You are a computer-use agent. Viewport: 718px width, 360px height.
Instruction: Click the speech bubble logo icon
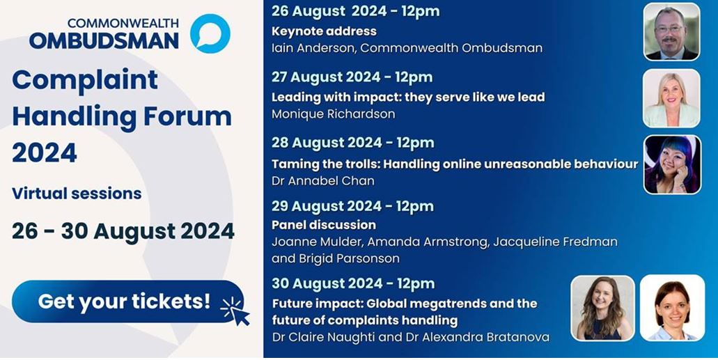click(x=210, y=33)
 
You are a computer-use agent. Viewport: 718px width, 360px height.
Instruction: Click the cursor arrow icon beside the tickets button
click(x=237, y=311)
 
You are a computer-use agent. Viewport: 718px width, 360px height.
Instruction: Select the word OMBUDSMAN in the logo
click(x=104, y=41)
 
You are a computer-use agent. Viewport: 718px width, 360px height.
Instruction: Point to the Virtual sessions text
click(x=77, y=194)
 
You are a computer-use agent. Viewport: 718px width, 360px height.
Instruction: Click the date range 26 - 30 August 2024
click(x=123, y=231)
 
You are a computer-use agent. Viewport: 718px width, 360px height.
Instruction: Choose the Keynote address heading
click(x=325, y=31)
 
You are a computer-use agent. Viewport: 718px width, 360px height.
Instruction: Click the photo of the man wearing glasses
click(x=672, y=31)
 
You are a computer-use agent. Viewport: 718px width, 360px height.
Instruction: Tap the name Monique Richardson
click(x=334, y=114)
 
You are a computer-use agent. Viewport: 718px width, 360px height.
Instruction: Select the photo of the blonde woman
click(x=672, y=98)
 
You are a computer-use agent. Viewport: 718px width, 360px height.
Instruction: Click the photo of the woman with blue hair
click(x=672, y=165)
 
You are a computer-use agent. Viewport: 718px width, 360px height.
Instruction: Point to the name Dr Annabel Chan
click(x=323, y=181)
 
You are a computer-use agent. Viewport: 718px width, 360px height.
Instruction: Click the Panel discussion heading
click(x=324, y=225)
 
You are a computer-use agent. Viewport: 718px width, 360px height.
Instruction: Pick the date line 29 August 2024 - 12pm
click(x=352, y=207)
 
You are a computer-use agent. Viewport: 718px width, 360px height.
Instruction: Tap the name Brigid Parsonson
click(x=350, y=258)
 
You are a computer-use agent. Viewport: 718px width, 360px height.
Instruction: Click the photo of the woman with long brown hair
click(x=603, y=308)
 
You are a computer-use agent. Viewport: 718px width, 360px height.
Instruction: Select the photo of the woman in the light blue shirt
click(x=672, y=308)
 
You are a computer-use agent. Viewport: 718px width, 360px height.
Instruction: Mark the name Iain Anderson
click(x=313, y=48)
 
